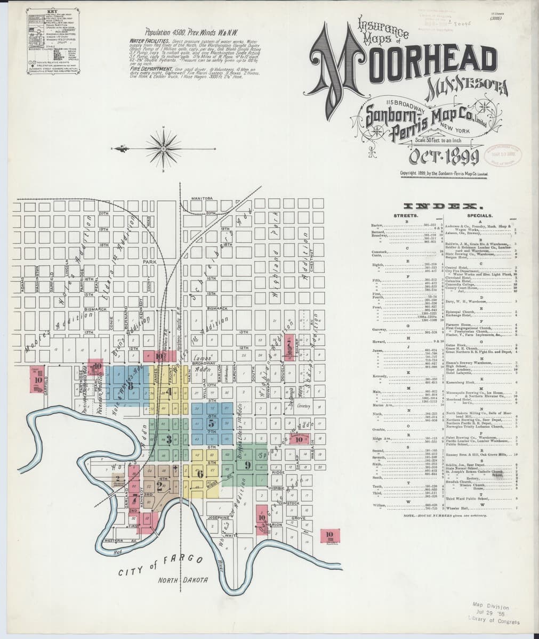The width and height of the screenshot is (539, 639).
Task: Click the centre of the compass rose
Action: pos(164,146)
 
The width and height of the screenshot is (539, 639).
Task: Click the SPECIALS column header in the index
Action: pos(479,216)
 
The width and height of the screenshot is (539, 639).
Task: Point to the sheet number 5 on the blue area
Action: pos(211,423)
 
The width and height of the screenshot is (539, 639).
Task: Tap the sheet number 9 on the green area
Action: pos(247,465)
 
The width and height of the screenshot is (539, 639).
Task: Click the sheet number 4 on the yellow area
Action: pos(170,392)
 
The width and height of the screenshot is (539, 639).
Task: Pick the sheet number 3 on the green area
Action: pos(168,440)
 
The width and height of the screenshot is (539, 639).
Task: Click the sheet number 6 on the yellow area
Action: pos(200,474)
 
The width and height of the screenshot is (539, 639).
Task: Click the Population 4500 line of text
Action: pos(177,32)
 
